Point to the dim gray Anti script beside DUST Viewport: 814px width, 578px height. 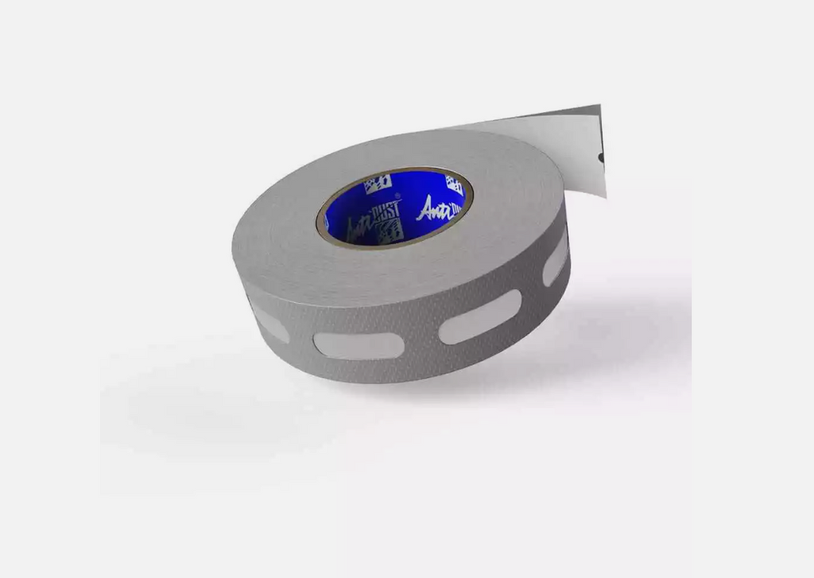(355, 227)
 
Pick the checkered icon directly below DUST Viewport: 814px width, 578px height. (389, 230)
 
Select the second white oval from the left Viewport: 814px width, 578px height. (359, 345)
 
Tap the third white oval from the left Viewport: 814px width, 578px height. (480, 316)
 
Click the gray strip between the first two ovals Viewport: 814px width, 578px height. (302, 339)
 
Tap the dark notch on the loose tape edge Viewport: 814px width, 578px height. (601, 156)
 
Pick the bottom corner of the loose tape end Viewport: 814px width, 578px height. (605, 196)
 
